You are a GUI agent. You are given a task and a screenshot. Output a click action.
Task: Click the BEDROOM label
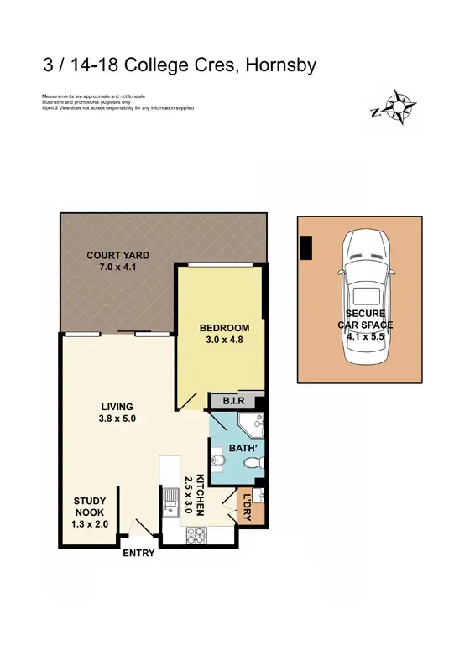224,327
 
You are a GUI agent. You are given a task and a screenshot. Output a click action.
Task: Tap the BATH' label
232,448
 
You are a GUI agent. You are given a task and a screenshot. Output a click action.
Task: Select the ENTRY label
138,554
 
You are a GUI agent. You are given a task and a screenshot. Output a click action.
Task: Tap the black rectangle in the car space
305,247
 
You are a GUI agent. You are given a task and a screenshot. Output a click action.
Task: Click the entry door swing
139,528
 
